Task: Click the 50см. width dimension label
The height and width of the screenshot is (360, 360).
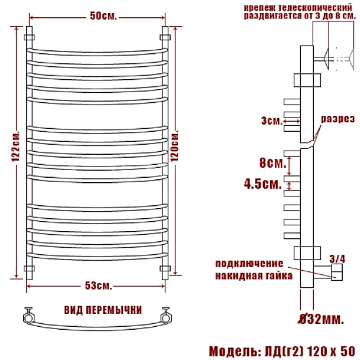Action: click(x=103, y=17)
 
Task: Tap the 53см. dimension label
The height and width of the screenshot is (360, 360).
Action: click(x=99, y=286)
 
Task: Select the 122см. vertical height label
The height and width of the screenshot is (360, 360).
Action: click(x=16, y=146)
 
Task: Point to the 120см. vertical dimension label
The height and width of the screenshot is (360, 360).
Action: click(x=174, y=145)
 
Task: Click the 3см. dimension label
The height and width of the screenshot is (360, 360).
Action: click(x=272, y=121)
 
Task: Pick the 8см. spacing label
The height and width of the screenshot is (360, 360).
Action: click(x=273, y=163)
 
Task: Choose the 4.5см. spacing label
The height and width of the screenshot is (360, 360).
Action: click(x=263, y=184)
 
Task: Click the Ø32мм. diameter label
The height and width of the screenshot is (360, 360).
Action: click(x=321, y=319)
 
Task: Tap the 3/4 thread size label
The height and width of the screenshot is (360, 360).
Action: click(x=337, y=259)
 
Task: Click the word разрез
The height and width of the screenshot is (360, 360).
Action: click(x=338, y=119)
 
